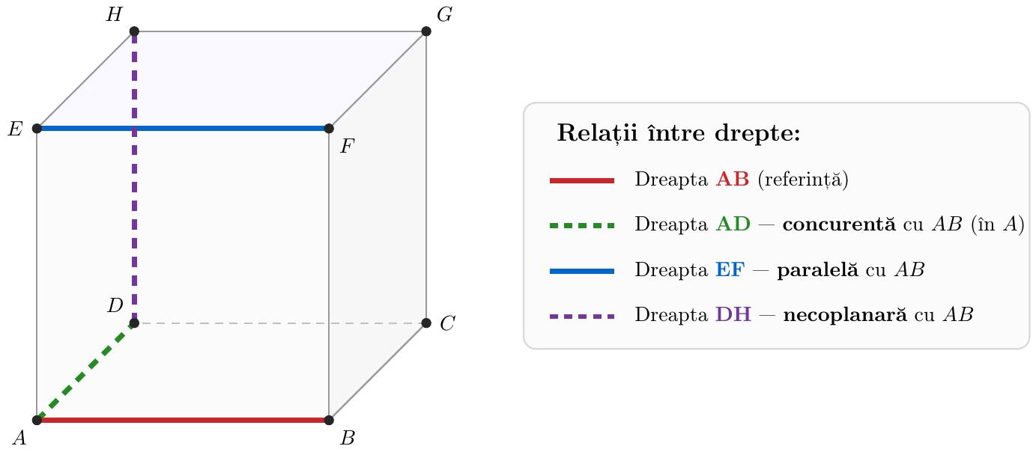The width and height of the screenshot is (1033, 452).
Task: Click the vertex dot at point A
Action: pyautogui.click(x=37, y=420)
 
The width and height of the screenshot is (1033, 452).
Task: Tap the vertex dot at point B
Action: pyautogui.click(x=329, y=420)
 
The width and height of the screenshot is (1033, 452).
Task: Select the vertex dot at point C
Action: pyautogui.click(x=426, y=323)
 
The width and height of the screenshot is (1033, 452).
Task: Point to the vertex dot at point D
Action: pyautogui.click(x=134, y=323)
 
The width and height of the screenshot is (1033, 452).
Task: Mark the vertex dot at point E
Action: pyautogui.click(x=37, y=128)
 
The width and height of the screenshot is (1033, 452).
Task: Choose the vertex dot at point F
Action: pyautogui.click(x=329, y=128)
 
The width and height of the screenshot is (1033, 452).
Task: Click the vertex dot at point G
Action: pyautogui.click(x=426, y=31)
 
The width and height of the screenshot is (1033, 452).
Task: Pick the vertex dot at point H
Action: pyautogui.click(x=134, y=31)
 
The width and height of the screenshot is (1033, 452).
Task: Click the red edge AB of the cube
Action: pyautogui.click(x=183, y=420)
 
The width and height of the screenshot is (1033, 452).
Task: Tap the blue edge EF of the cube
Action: pyautogui.click(x=183, y=128)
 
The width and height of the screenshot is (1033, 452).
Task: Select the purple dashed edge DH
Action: pyautogui.click(x=134, y=177)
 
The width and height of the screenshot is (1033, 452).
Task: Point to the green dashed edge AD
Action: pyautogui.click(x=85, y=371)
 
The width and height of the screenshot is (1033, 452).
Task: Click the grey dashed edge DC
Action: pyautogui.click(x=280, y=323)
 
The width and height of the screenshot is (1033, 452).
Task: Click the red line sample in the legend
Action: pyautogui.click(x=582, y=180)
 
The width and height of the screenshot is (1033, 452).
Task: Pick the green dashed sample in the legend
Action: pyautogui.click(x=582, y=226)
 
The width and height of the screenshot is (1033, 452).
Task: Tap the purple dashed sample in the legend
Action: pyautogui.click(x=582, y=317)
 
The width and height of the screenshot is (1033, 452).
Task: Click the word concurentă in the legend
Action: pyautogui.click(x=839, y=225)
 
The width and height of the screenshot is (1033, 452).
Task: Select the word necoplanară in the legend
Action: pyautogui.click(x=845, y=315)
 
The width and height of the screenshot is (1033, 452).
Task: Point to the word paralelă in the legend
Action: pyautogui.click(x=817, y=269)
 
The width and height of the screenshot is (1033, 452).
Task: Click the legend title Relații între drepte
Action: pyautogui.click(x=679, y=133)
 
